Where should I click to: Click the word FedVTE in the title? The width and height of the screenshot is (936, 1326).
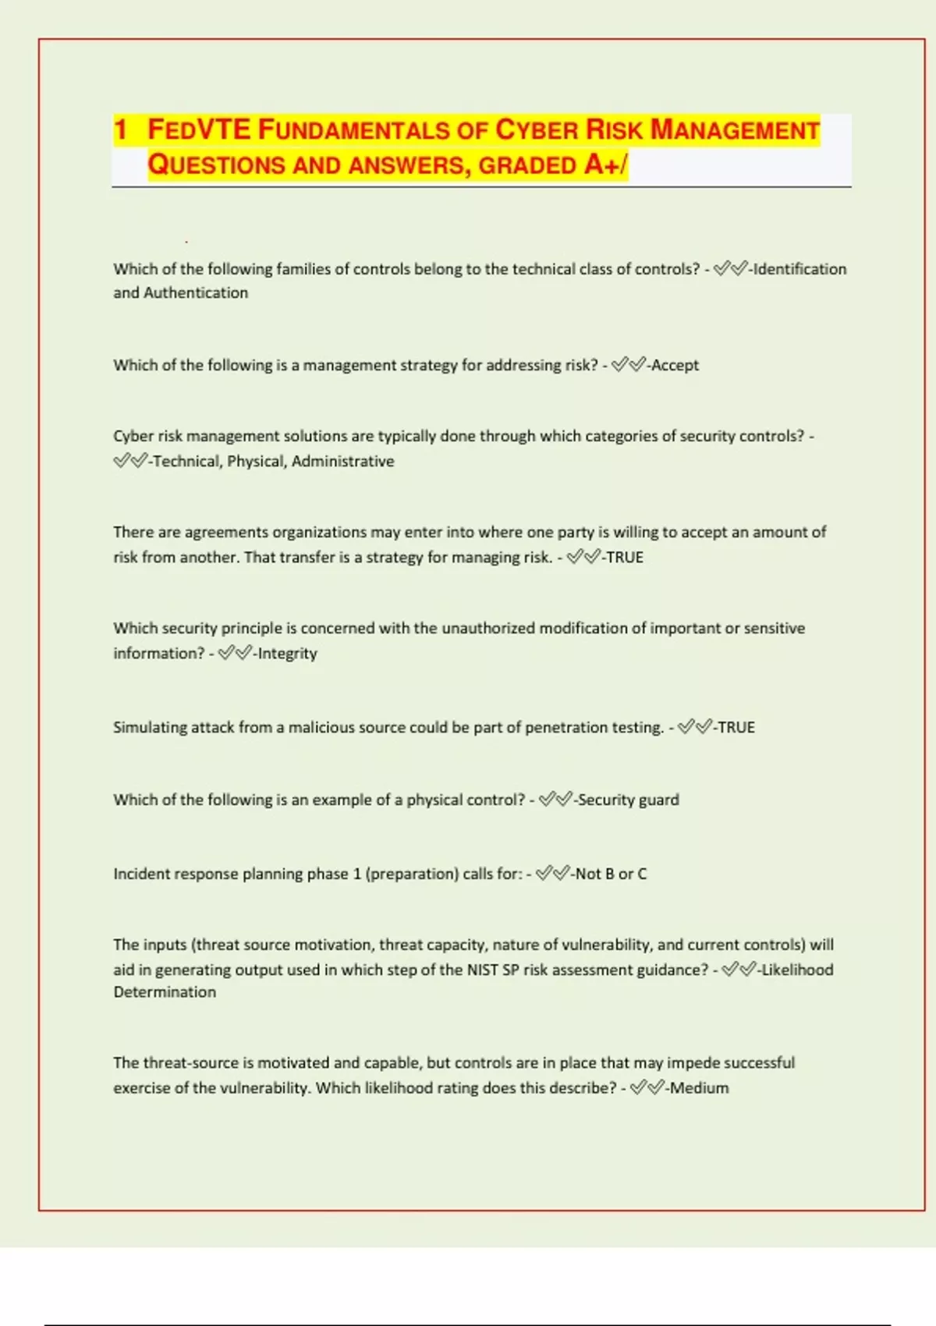(199, 129)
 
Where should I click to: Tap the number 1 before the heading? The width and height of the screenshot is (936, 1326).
(120, 129)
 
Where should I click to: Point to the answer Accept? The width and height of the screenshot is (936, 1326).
(675, 365)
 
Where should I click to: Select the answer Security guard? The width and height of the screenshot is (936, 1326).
(629, 799)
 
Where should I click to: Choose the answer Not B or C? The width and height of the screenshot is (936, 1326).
(612, 874)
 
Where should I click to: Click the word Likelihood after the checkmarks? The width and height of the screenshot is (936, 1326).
(798, 970)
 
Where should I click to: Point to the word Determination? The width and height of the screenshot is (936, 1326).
(165, 992)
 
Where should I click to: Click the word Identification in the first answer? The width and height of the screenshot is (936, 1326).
(800, 269)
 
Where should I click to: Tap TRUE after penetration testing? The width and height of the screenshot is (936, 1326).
(736, 728)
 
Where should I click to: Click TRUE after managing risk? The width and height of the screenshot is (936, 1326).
(625, 558)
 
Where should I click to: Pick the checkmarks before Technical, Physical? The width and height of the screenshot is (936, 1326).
(129, 461)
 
